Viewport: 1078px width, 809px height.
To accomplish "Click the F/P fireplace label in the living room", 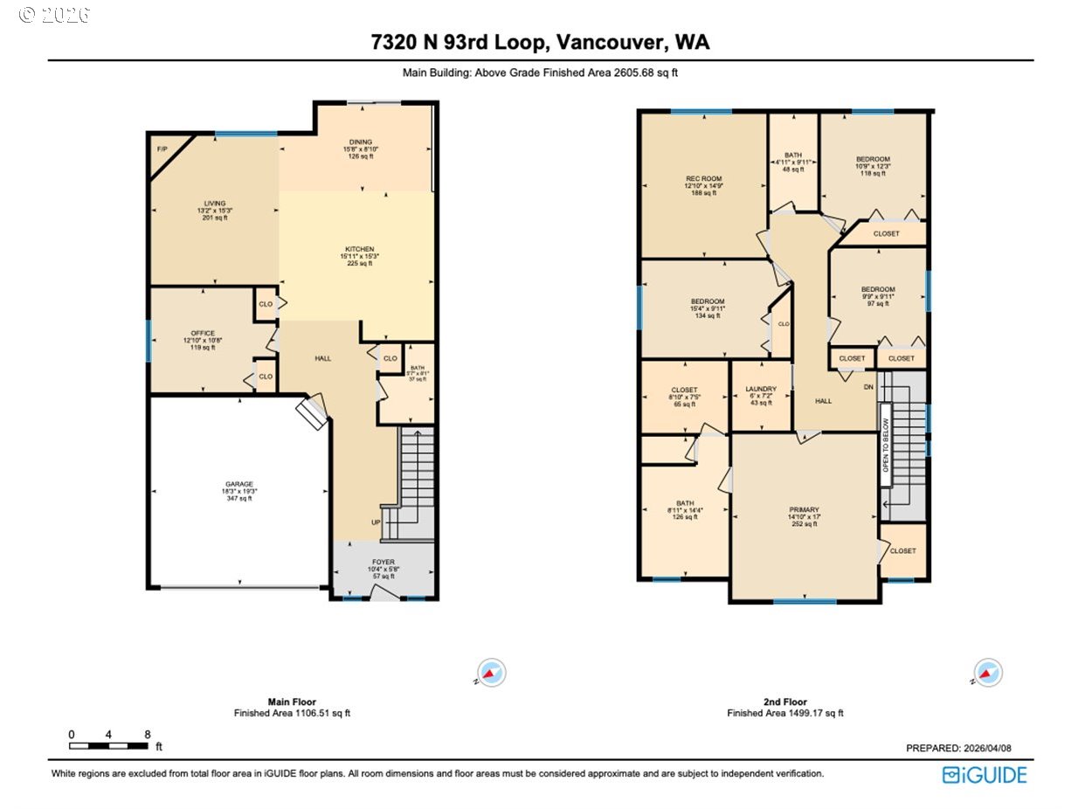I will [162, 149].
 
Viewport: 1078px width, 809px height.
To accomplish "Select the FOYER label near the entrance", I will [384, 562].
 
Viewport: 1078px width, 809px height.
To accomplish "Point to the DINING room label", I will [361, 142].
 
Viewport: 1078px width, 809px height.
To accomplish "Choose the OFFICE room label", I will [203, 333].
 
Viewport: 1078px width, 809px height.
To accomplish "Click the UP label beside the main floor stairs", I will [377, 522].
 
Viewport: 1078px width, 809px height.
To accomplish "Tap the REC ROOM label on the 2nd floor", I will [703, 178].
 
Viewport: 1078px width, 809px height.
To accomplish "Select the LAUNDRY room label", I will [761, 389].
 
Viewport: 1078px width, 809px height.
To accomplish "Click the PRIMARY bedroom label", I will [804, 509].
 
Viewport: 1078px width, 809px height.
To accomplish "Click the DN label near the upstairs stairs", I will [868, 387].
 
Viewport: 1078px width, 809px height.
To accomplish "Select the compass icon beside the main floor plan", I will [493, 673].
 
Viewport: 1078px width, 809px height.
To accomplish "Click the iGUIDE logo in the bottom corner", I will [985, 775].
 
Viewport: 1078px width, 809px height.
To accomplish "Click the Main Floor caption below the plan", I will [292, 702].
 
